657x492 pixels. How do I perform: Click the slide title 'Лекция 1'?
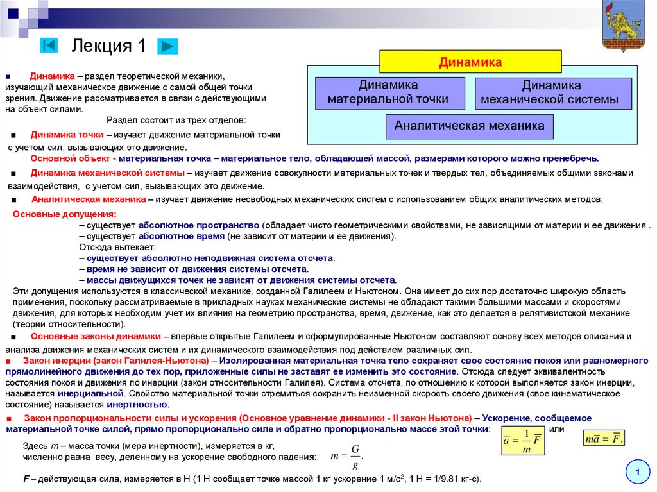click(x=108, y=46)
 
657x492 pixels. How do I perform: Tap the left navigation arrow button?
click(x=49, y=46)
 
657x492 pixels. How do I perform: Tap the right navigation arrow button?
click(x=167, y=46)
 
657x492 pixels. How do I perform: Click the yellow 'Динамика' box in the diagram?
click(x=470, y=62)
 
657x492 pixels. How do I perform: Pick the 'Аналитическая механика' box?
click(x=469, y=126)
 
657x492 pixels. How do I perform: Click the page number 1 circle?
click(x=638, y=473)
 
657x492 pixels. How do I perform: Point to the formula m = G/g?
click(x=347, y=455)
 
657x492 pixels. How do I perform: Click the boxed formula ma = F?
click(x=604, y=439)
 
